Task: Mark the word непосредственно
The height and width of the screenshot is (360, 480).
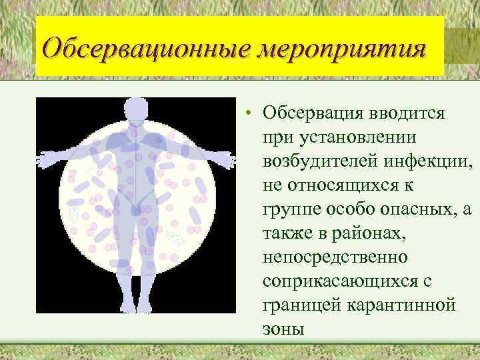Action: [x=331, y=257]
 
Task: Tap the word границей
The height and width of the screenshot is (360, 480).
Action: [x=297, y=305]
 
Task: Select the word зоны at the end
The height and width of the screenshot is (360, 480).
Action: [x=283, y=329]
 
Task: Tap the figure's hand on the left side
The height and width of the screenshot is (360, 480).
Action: [x=48, y=159]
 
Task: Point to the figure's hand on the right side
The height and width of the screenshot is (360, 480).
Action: [x=224, y=159]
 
